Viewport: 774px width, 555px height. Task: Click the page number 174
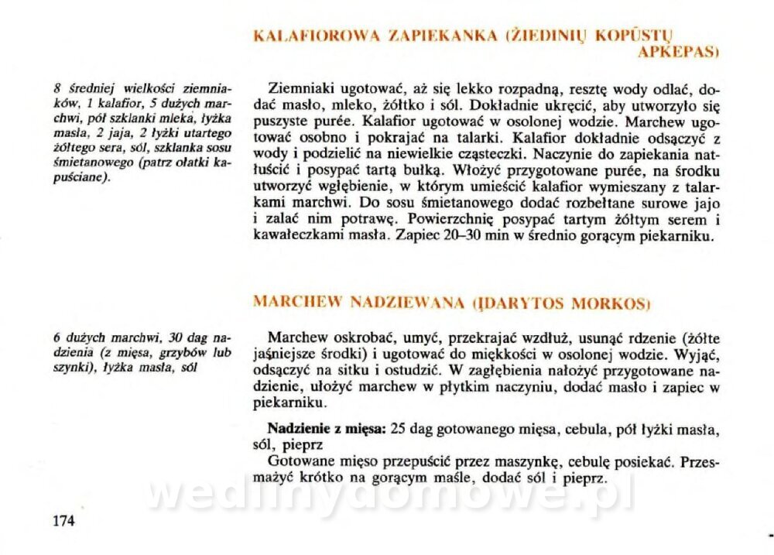[62, 520]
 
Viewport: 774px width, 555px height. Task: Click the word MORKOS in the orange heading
[609, 303]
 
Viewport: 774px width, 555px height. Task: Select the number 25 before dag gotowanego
[399, 428]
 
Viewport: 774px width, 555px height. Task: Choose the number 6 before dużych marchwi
[57, 337]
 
